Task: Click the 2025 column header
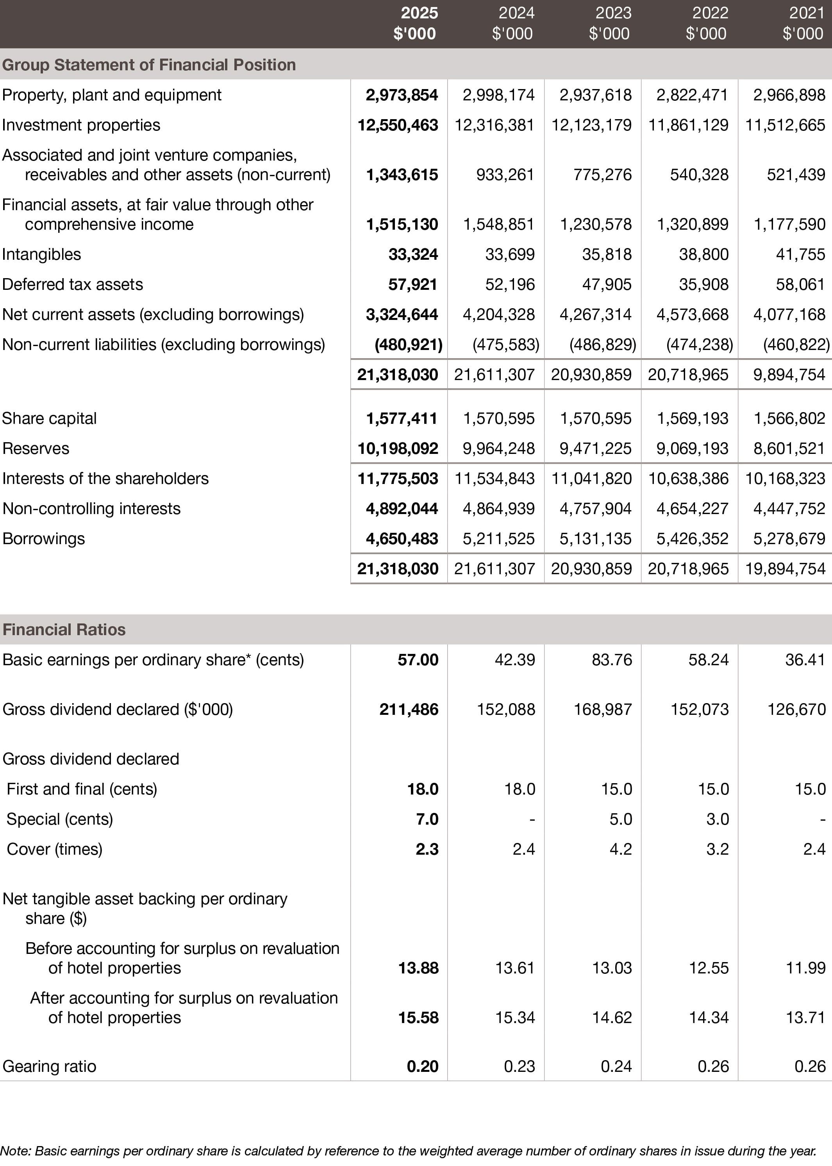pos(416,23)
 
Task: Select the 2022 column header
pos(707,23)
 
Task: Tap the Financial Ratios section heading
pos(64,630)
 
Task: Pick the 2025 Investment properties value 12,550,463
pos(398,125)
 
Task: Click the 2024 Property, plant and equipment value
pos(498,95)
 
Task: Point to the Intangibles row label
pos(41,255)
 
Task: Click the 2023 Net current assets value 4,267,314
pos(595,314)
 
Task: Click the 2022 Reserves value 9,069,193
pos(692,449)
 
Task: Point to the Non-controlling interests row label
pos(92,509)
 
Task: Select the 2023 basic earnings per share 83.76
pos(612,660)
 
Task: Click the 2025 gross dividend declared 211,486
pos(409,709)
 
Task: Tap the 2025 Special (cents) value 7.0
pos(427,819)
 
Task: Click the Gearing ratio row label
pos(49,1067)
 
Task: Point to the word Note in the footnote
pos(15,1151)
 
